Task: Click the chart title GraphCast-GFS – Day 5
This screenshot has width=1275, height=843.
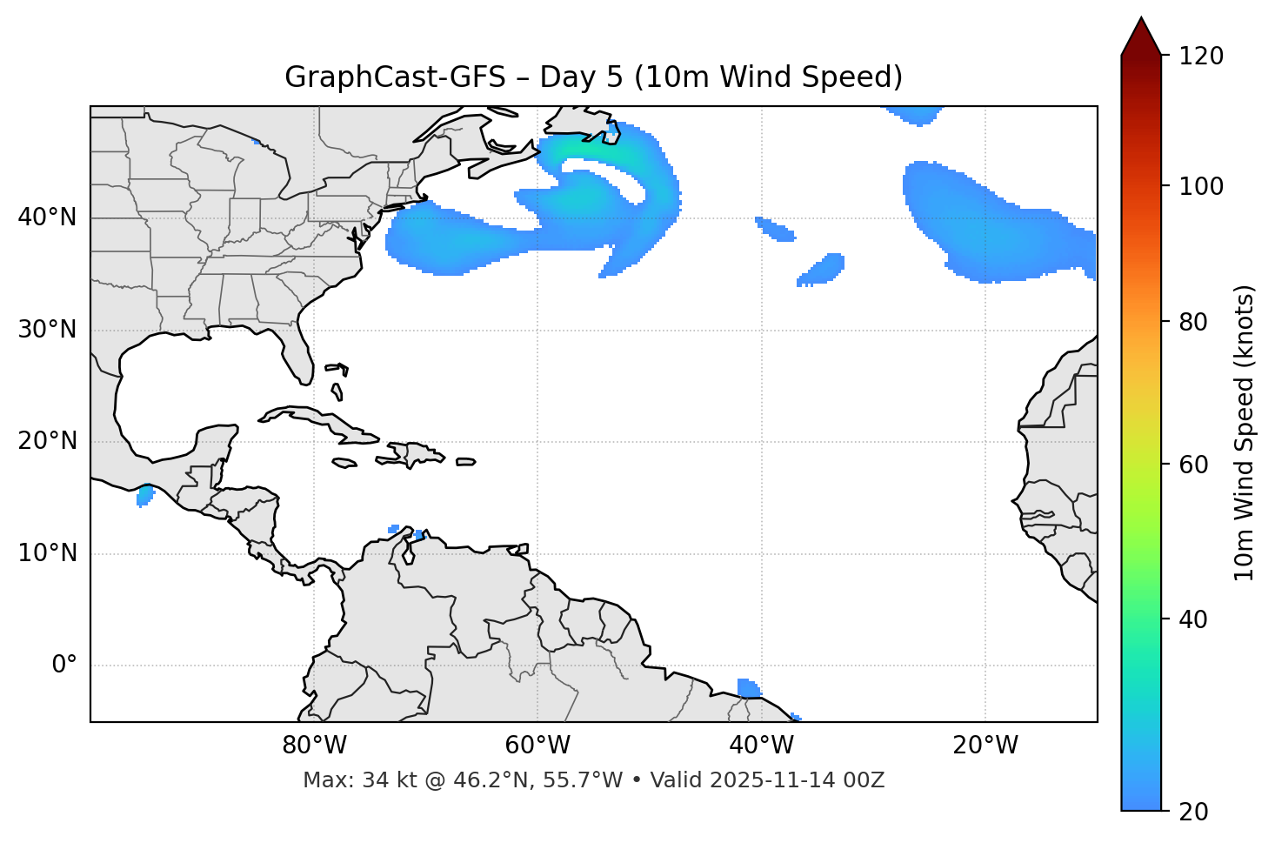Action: tap(593, 77)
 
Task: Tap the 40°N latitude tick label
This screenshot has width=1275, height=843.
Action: tap(47, 217)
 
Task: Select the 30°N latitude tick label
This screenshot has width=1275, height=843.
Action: tap(47, 330)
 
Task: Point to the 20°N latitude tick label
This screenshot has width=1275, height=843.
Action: tap(47, 441)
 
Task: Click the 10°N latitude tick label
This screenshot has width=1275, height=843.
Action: tap(47, 553)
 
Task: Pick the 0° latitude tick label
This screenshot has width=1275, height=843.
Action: tap(63, 666)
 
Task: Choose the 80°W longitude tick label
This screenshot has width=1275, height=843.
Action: tap(314, 746)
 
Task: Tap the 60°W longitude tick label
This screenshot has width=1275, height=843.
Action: tap(537, 746)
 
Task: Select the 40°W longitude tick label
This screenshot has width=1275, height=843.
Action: tap(761, 746)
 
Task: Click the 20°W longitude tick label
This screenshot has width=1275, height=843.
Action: tap(985, 746)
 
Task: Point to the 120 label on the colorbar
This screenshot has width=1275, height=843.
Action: tap(1201, 57)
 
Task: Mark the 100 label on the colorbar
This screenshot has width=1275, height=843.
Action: tap(1201, 186)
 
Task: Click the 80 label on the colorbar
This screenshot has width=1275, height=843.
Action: tap(1194, 322)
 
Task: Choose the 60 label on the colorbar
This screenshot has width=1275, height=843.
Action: tap(1194, 465)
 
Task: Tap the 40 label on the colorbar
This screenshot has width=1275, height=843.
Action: tap(1194, 619)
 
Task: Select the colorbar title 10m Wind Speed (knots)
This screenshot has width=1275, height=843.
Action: tap(1245, 433)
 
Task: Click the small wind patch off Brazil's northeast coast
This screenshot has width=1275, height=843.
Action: tap(747, 688)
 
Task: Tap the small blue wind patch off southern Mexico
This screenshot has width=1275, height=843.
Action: tap(145, 496)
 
